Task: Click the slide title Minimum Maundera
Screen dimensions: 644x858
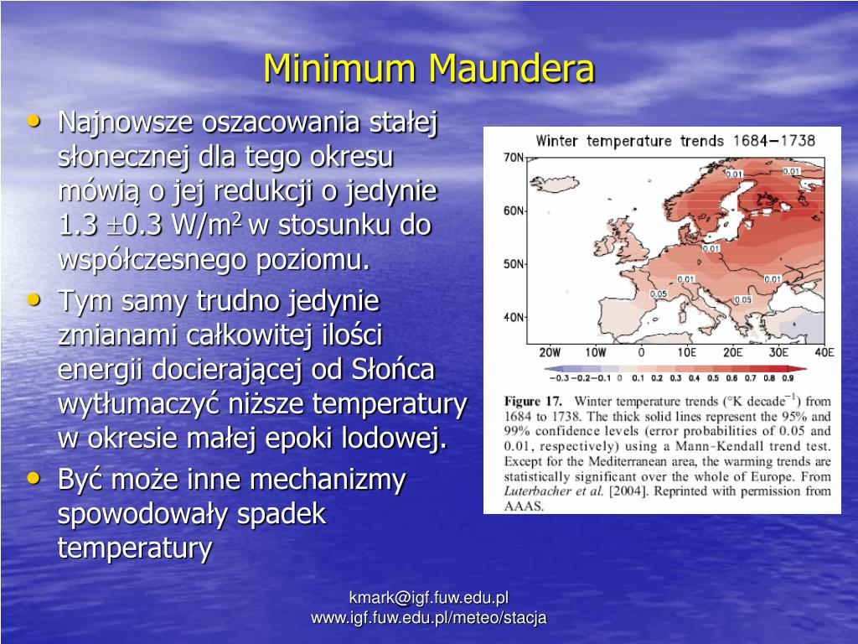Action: pos(429,69)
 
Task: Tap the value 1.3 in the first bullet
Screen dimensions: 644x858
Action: pos(76,226)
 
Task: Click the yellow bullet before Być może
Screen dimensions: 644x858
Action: pos(34,477)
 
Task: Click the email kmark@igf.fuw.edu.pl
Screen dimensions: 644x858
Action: pos(429,598)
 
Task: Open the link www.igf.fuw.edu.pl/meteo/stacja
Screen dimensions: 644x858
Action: pos(429,618)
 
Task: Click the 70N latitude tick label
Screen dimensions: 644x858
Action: pos(513,158)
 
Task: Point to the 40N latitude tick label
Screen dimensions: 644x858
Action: pos(513,318)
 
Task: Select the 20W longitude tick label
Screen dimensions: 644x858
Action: pos(550,352)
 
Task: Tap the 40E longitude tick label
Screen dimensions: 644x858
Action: pos(824,352)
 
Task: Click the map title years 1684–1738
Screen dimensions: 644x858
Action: pos(776,140)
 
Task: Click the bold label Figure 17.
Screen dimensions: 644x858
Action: pos(533,401)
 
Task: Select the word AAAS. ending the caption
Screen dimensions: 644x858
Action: pos(524,506)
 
